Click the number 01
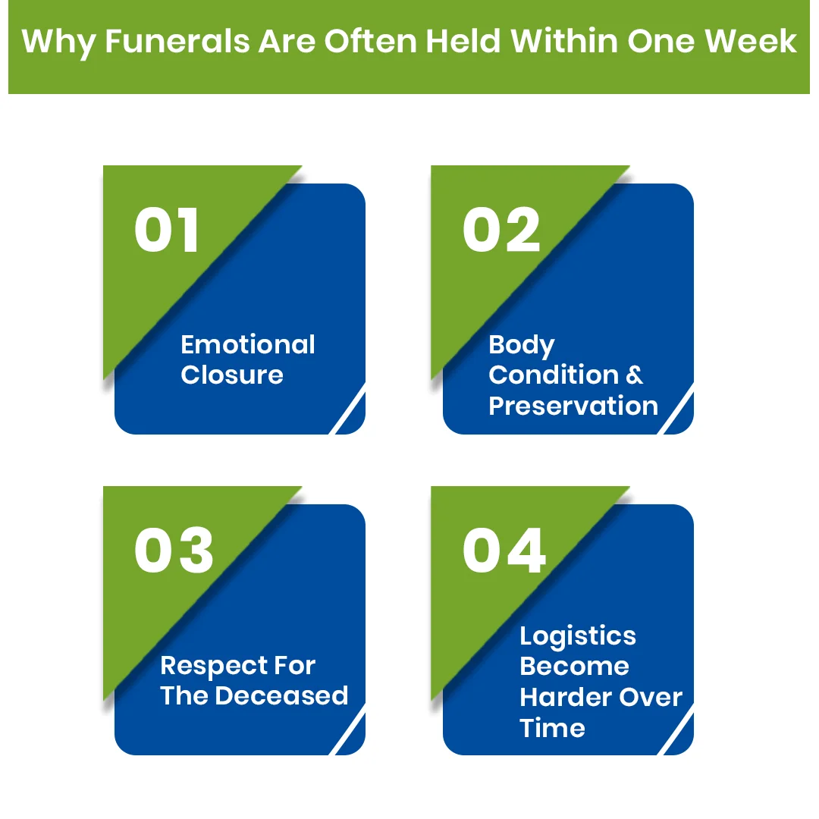(167, 231)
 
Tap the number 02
(501, 231)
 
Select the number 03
(174, 551)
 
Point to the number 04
(504, 551)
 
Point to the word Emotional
(248, 345)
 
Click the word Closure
(232, 375)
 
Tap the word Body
(522, 346)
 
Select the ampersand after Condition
(635, 375)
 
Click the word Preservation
(573, 406)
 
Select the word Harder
(565, 698)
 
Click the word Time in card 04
(552, 728)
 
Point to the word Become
(574, 667)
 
